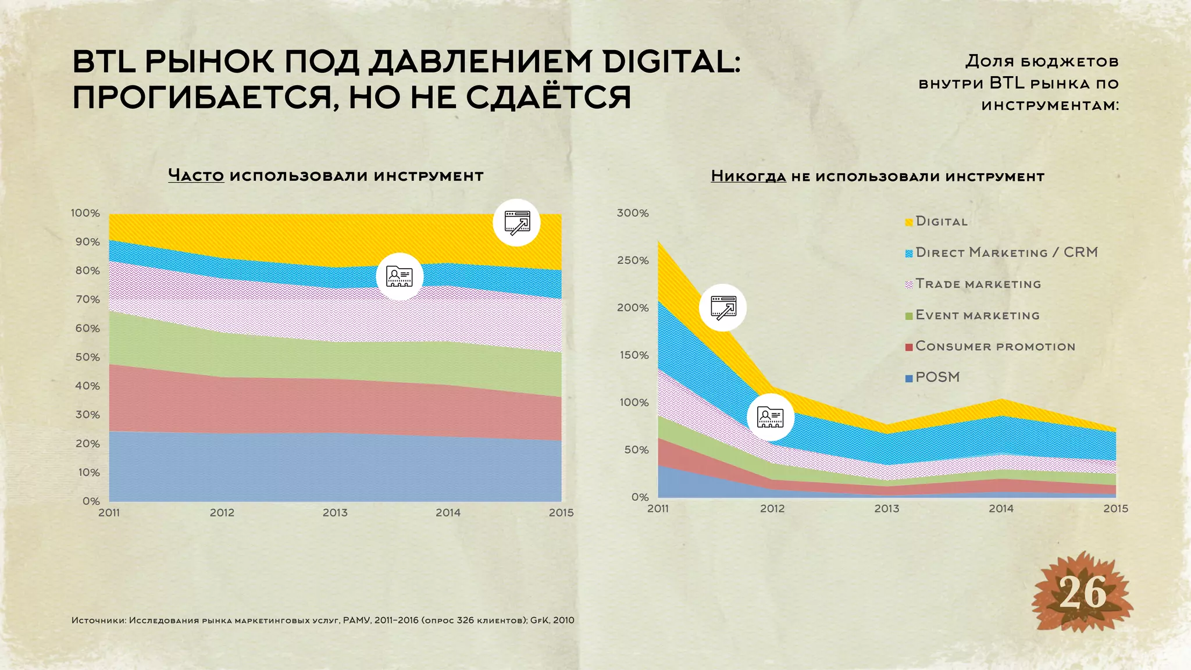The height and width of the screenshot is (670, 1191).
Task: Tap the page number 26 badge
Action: [x=1082, y=594]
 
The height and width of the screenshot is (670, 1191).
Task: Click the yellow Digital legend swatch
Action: [x=909, y=222]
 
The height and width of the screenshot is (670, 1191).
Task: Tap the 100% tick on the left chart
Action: [x=85, y=213]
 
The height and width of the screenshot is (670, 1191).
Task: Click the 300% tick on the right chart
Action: [x=633, y=213]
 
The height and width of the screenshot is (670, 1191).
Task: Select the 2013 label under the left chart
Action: [x=335, y=513]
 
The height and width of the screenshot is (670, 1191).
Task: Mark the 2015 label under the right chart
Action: [x=1115, y=509]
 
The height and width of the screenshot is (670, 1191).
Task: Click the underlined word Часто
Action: [x=196, y=175]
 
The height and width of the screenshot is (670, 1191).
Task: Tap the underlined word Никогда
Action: [x=748, y=176]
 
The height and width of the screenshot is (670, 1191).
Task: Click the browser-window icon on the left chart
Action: [x=516, y=223]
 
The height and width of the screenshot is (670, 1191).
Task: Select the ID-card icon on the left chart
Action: [x=400, y=276]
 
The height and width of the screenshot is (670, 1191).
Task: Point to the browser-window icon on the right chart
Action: [x=723, y=308]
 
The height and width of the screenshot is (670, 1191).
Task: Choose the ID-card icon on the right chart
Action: [x=770, y=416]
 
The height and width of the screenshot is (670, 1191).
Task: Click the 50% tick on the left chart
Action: [x=87, y=357]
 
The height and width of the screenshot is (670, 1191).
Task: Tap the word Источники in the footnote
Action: [x=98, y=621]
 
